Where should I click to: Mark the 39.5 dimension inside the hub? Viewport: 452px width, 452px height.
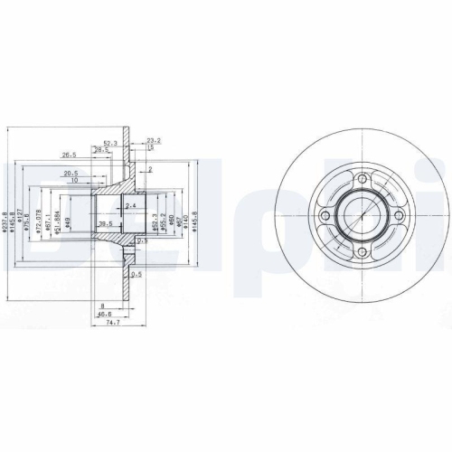105,222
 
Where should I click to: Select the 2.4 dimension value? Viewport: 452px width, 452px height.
131,207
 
